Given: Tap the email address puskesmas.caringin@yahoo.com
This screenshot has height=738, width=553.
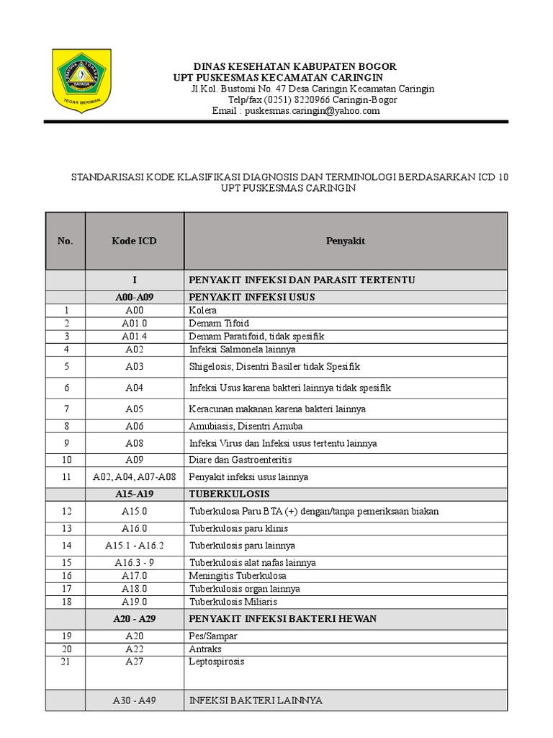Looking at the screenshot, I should click(312, 111).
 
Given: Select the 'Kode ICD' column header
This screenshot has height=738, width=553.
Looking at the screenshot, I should click(134, 241).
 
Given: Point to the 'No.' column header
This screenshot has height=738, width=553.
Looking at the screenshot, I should click(66, 241).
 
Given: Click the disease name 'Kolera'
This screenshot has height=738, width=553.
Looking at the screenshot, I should click(202, 310).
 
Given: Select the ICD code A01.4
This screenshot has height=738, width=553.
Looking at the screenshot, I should click(134, 336).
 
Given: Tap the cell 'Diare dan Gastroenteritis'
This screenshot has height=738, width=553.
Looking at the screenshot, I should click(240, 459).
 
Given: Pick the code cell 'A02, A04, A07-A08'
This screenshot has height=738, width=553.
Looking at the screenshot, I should click(134, 476).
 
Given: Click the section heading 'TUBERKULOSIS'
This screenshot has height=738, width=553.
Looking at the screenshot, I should click(229, 494).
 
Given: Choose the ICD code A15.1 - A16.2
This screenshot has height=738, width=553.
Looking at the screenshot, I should click(134, 546).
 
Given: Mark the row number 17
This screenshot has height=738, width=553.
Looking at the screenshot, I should click(67, 588).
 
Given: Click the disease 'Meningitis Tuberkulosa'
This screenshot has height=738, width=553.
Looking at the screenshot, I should click(238, 575).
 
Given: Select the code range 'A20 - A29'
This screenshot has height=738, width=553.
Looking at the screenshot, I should click(134, 618).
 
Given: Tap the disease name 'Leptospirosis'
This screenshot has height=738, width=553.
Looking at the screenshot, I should click(217, 661).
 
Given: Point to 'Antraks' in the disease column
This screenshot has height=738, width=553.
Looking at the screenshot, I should click(204, 649).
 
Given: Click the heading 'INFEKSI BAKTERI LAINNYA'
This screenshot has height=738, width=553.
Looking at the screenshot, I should click(256, 700).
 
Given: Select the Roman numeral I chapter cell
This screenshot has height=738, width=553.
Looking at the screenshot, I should click(134, 280).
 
